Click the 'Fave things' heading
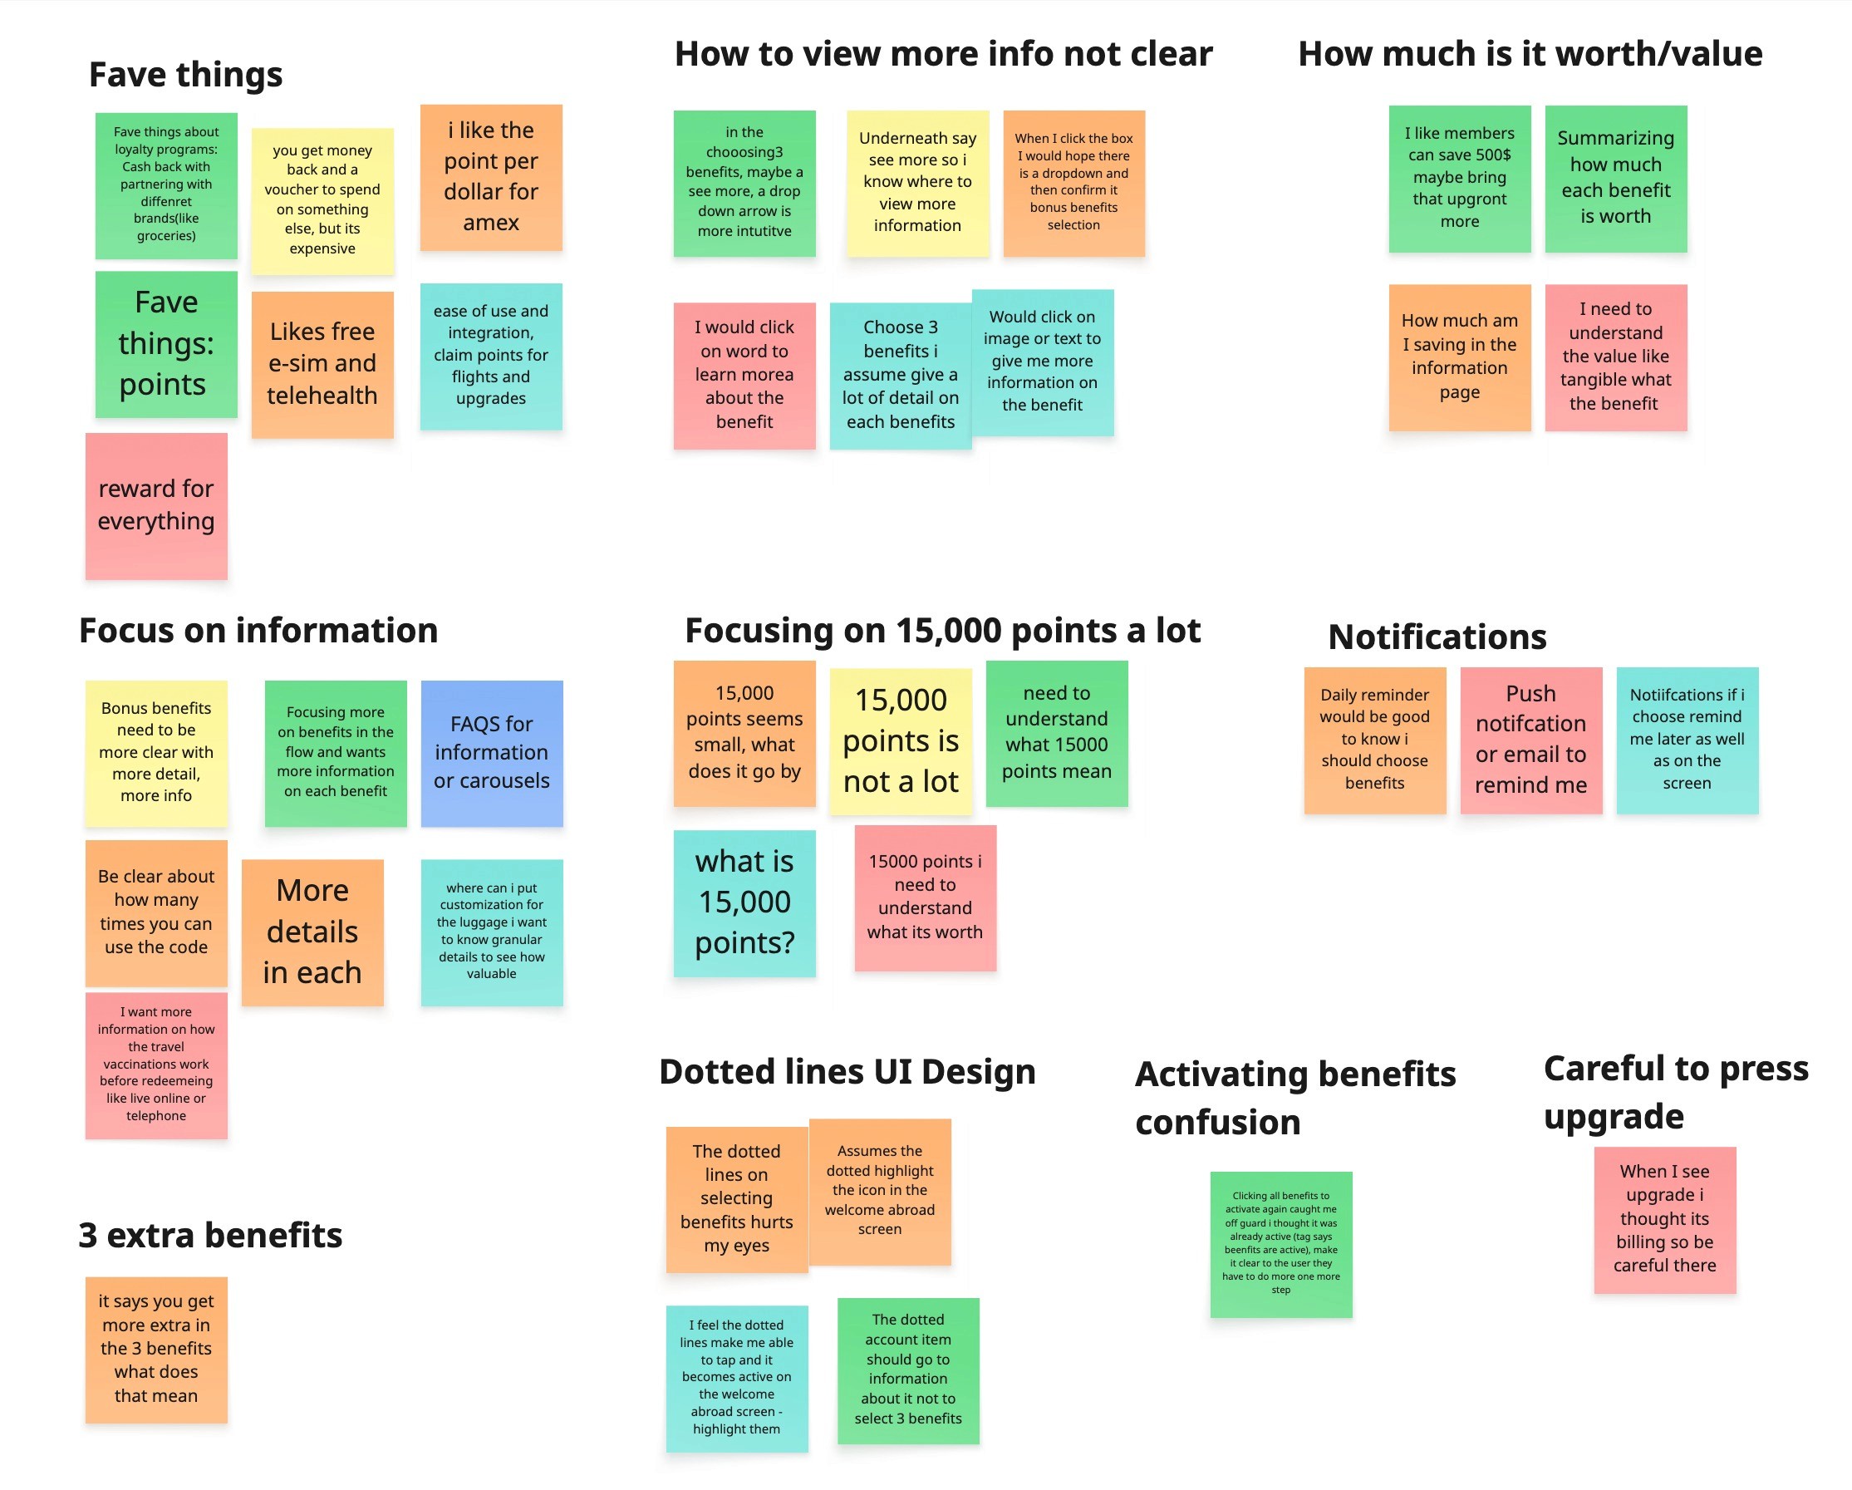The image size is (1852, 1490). (185, 75)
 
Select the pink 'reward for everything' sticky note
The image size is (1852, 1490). (156, 505)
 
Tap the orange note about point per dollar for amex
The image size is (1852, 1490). (490, 177)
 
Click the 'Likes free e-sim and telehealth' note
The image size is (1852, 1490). (322, 364)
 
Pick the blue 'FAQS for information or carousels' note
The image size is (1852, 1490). (491, 753)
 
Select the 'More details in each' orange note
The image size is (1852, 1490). (312, 932)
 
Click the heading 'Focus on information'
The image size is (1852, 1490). (258, 631)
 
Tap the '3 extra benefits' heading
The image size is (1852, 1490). (210, 1235)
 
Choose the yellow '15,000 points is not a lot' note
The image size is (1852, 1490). (900, 740)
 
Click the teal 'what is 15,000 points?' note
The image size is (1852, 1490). (744, 902)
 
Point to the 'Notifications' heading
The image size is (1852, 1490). (1437, 637)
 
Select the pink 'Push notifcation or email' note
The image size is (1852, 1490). (1530, 740)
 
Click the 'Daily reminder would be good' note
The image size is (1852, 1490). (1374, 740)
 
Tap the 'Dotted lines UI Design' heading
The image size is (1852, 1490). (847, 1072)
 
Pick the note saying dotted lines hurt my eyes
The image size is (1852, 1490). (736, 1198)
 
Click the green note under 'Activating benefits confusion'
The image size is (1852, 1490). (1280, 1243)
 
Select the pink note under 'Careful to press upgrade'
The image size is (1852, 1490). (1664, 1219)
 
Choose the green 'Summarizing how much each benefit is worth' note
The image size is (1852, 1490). (1615, 179)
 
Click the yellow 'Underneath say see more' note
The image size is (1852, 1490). (917, 183)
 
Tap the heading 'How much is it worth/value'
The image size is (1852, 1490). (1530, 54)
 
